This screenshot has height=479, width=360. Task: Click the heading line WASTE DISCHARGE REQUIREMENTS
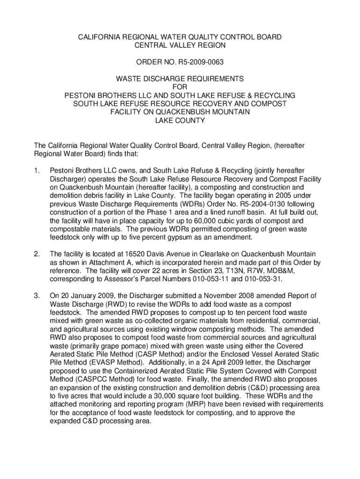tap(180, 79)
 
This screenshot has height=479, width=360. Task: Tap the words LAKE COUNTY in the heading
tap(180, 120)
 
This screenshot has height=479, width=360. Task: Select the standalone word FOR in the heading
tap(180, 87)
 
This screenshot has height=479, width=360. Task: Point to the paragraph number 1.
tap(37, 171)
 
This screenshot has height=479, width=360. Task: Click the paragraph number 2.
tap(37, 254)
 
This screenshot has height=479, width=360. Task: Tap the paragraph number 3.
tap(37, 296)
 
